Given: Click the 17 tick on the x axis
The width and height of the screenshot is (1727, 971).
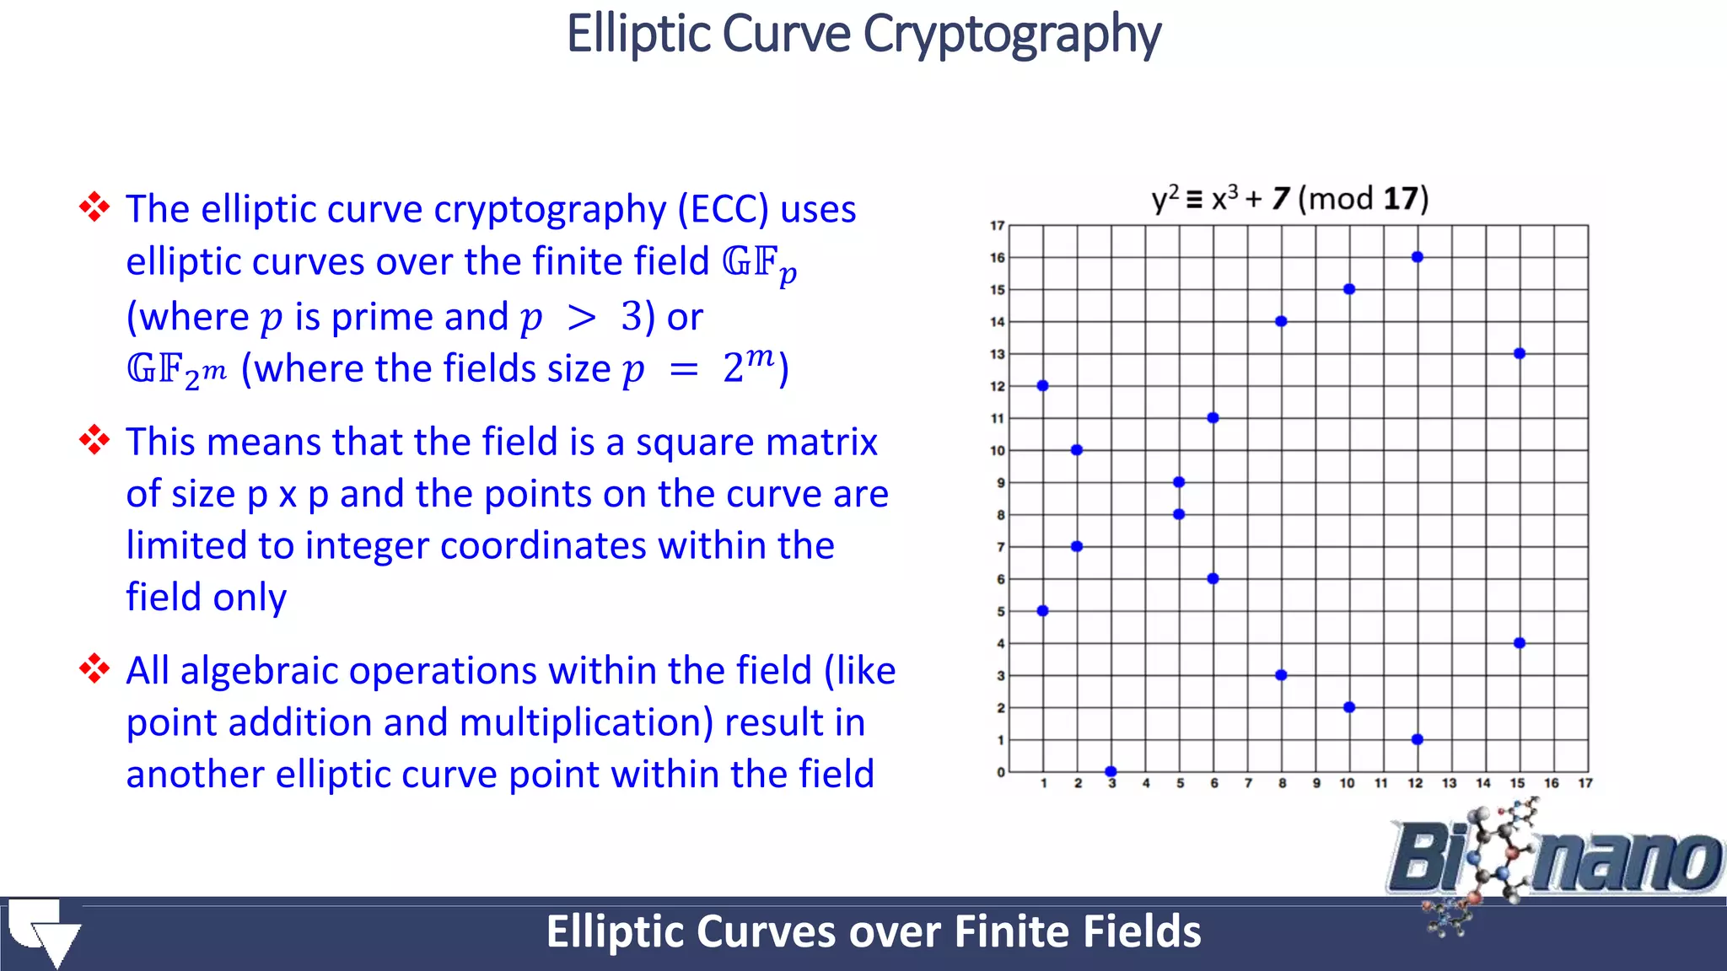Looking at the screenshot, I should tap(1585, 783).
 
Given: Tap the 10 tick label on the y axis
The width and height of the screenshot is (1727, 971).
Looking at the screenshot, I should tap(998, 451).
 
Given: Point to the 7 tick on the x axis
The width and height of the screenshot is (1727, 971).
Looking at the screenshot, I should tap(1248, 783).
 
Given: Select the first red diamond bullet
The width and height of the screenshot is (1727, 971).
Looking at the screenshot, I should tap(94, 207).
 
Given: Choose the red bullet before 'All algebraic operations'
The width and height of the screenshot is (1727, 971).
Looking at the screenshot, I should tap(94, 668).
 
